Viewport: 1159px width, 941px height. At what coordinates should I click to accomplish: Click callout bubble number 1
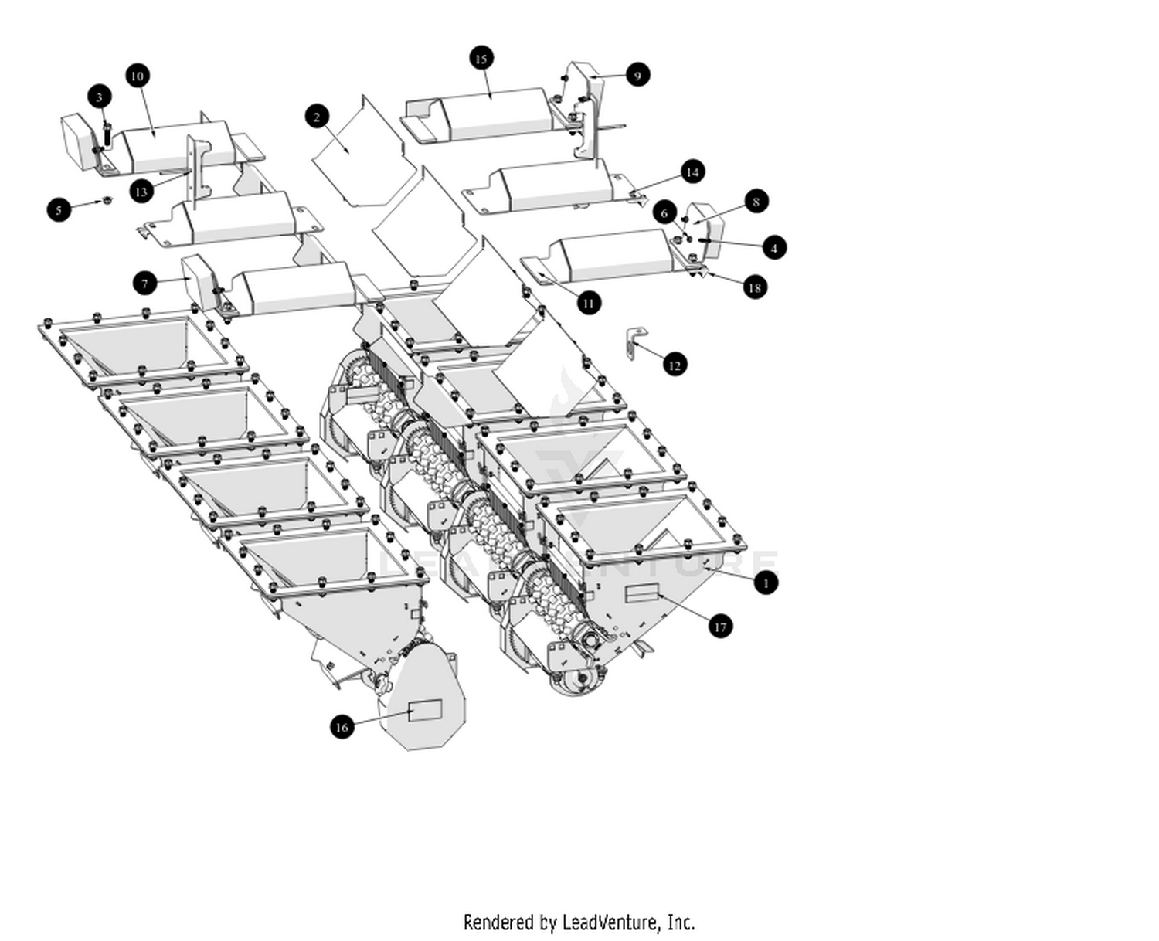tap(766, 583)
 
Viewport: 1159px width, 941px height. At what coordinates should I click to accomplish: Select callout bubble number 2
tap(317, 117)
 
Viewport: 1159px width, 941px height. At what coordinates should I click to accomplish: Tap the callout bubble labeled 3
tap(99, 97)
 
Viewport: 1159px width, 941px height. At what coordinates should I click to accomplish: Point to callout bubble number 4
tap(774, 248)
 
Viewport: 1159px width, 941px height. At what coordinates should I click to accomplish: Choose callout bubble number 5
tap(59, 209)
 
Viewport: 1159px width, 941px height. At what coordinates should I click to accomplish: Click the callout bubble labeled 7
tap(144, 284)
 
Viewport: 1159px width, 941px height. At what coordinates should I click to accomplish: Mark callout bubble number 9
tap(637, 75)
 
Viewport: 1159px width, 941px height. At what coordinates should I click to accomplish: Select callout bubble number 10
tap(138, 76)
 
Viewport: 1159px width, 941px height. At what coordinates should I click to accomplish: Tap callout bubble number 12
tap(675, 365)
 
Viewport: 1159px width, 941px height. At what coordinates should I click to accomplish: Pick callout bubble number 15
tap(481, 59)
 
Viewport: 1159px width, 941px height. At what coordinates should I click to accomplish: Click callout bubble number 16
tap(342, 726)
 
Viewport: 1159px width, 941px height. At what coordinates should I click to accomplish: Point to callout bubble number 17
tap(720, 627)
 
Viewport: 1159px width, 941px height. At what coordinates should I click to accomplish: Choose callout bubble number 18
tap(755, 287)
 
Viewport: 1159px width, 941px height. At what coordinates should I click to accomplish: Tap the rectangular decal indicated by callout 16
tap(424, 710)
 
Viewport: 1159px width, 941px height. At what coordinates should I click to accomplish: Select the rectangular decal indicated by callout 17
tap(641, 593)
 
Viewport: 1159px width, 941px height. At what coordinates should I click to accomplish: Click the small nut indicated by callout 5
tap(107, 201)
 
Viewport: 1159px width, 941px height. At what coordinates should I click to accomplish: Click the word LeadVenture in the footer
tap(610, 922)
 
